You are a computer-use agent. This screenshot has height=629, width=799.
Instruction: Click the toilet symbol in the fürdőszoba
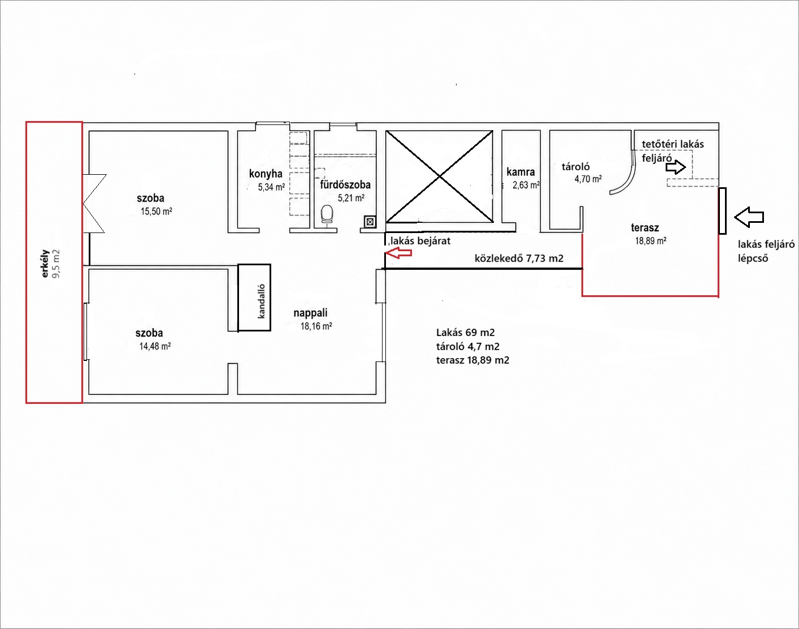click(x=327, y=214)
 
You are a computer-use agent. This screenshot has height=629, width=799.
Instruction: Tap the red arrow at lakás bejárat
click(x=399, y=253)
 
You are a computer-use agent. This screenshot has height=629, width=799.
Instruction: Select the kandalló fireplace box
click(x=254, y=298)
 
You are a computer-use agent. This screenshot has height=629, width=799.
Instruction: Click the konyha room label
click(x=266, y=174)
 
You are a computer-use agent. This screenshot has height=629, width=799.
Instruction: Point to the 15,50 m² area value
click(x=157, y=212)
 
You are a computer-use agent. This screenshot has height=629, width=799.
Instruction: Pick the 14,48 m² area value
click(x=155, y=347)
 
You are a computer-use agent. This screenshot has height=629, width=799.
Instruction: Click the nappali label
click(x=310, y=313)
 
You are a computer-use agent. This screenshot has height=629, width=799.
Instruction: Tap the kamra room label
click(x=520, y=172)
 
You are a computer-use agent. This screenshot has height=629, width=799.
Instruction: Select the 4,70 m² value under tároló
click(x=588, y=179)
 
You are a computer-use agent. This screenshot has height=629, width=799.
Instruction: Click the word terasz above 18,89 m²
click(x=645, y=227)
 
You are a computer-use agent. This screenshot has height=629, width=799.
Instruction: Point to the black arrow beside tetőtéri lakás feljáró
click(x=675, y=167)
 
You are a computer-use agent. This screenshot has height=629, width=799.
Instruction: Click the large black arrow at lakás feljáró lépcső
click(x=749, y=217)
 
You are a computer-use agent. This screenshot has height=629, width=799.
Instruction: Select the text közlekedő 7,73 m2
click(x=519, y=258)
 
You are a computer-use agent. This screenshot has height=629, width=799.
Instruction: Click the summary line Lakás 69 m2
click(x=466, y=333)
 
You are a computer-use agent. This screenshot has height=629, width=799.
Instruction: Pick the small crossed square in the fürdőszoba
click(x=370, y=222)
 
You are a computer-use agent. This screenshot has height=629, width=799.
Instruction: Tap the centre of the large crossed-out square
click(x=440, y=176)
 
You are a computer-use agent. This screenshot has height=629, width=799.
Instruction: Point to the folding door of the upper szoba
click(x=94, y=203)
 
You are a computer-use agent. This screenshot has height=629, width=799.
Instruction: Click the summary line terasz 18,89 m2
click(x=472, y=360)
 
